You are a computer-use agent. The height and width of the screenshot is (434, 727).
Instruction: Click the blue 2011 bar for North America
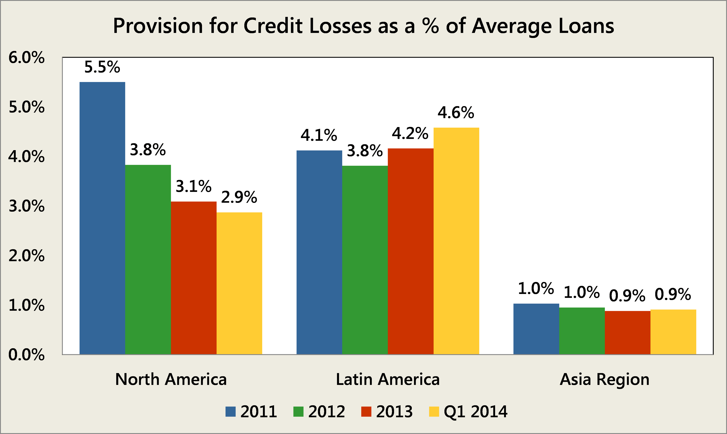pos(102,218)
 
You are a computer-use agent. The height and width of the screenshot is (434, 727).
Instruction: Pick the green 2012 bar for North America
pos(148,259)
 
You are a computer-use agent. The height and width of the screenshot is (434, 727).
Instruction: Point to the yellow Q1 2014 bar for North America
pos(239,283)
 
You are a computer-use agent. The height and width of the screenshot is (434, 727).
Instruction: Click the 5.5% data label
pos(102,67)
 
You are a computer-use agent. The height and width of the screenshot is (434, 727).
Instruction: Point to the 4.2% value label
pos(410,134)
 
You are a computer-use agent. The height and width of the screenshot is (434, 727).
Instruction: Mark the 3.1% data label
pos(193,186)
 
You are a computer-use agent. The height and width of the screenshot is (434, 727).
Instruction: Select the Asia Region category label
pos(605,380)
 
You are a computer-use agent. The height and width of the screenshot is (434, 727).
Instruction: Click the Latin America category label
pos(388,380)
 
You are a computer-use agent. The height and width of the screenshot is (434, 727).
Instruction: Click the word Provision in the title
pos(158,26)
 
